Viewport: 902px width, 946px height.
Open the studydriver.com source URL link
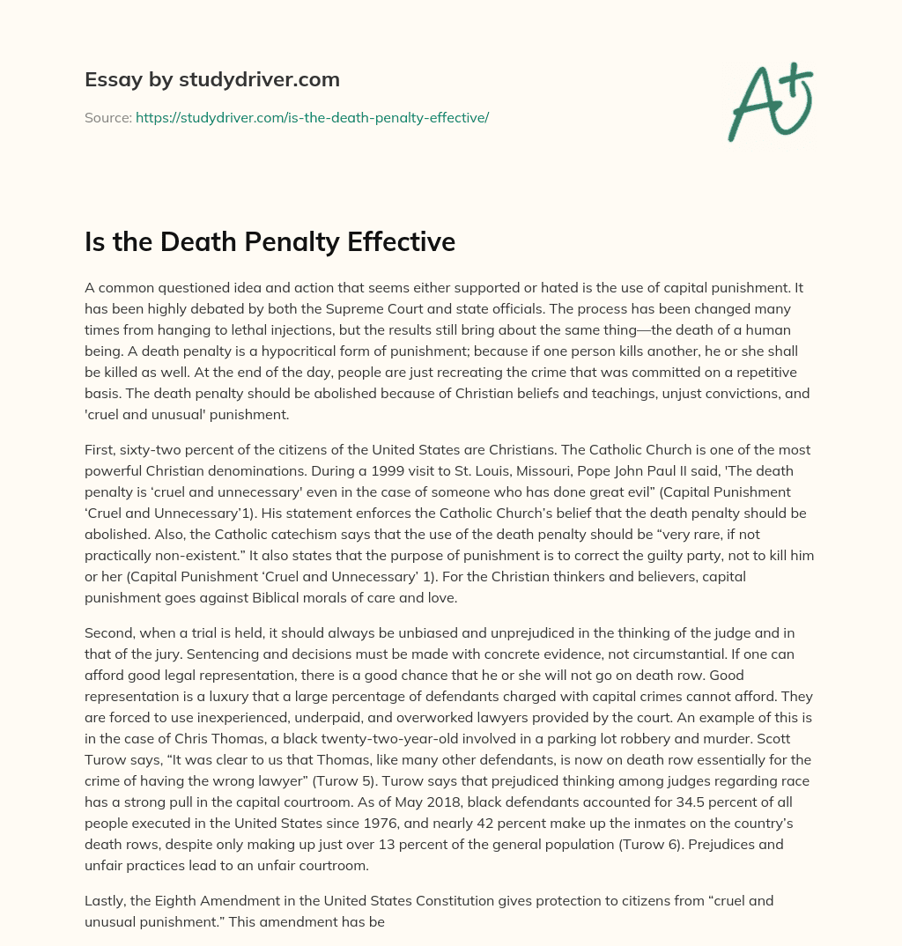point(312,117)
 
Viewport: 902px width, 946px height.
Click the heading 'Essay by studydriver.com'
point(211,79)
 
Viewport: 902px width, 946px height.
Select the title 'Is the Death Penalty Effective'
point(270,241)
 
